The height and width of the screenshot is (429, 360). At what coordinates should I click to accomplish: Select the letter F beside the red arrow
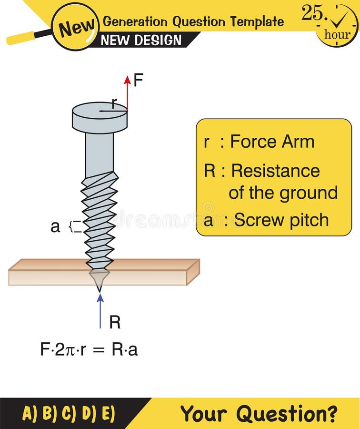(x=138, y=81)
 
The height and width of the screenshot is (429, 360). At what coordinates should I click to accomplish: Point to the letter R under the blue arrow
(x=115, y=323)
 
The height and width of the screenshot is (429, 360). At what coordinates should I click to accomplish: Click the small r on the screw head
(x=113, y=103)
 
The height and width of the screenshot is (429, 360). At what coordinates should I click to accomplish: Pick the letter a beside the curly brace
(x=55, y=227)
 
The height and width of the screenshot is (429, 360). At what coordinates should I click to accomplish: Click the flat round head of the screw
(x=100, y=117)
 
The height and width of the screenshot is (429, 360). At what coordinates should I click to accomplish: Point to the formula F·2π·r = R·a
(x=89, y=349)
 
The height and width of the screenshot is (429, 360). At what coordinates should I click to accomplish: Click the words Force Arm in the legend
(x=272, y=142)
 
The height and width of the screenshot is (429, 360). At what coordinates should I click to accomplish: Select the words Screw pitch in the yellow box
(x=281, y=220)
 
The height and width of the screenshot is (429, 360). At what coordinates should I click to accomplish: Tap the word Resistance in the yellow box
(x=275, y=170)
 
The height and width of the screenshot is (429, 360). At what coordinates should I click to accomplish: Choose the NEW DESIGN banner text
(x=141, y=41)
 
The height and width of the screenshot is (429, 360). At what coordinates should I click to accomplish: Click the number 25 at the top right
(x=312, y=13)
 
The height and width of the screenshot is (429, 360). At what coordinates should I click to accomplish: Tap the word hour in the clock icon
(x=337, y=34)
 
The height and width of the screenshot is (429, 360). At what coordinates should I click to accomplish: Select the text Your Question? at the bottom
(x=259, y=413)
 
